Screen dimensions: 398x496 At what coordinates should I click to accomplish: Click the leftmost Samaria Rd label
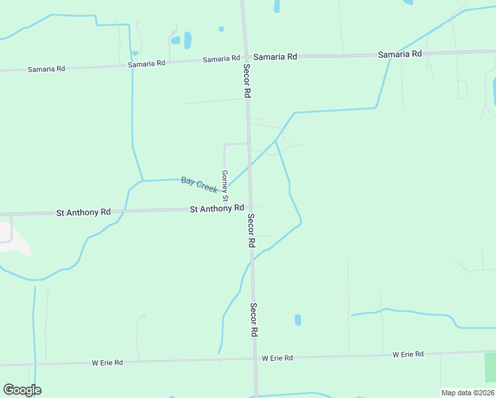pos(46,69)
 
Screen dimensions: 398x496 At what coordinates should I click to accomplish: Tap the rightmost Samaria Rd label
pos(400,54)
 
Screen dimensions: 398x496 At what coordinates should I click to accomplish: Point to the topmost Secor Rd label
pos(246,81)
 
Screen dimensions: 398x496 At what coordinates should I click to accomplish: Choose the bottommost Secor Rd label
pos(253,320)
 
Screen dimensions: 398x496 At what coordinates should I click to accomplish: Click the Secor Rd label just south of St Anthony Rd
pos(251,231)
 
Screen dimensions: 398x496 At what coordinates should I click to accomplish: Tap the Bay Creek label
pos(200,184)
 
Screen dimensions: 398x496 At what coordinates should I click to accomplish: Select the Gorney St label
pos(225,186)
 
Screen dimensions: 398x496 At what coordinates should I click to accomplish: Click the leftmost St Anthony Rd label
pos(83,212)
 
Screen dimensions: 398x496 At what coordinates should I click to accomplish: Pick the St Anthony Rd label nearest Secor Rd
pos(217,208)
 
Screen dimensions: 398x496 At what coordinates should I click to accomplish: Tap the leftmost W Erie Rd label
pos(107,363)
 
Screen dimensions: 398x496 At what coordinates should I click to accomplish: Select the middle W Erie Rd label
pos(277,358)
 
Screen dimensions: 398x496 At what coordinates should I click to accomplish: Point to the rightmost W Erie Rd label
pos(408,354)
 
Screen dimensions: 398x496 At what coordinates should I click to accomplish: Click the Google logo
pos(22,390)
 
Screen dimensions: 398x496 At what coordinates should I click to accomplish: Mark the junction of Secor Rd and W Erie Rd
pos(255,359)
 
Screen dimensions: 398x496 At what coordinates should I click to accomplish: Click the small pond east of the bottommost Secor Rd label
pos(298,320)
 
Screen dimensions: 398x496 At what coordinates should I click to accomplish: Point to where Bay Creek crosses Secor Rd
pos(249,166)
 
